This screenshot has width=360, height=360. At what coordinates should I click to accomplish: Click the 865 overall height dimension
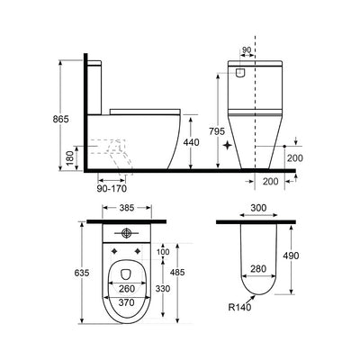tap(61, 119)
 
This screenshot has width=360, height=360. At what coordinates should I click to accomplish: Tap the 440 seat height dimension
tap(191, 142)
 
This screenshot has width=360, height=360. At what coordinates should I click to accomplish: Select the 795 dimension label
tap(217, 131)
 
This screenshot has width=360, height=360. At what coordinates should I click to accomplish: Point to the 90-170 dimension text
tap(112, 189)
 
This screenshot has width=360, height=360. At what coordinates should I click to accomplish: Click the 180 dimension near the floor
tap(69, 158)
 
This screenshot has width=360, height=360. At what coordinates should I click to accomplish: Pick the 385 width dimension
tap(127, 208)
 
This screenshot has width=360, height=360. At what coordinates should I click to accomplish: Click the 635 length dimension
tap(82, 273)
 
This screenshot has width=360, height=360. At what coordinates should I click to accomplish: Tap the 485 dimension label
tap(177, 273)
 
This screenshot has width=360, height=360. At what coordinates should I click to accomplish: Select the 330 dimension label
tap(163, 289)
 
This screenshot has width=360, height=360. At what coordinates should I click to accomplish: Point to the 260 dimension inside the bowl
tap(127, 289)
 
